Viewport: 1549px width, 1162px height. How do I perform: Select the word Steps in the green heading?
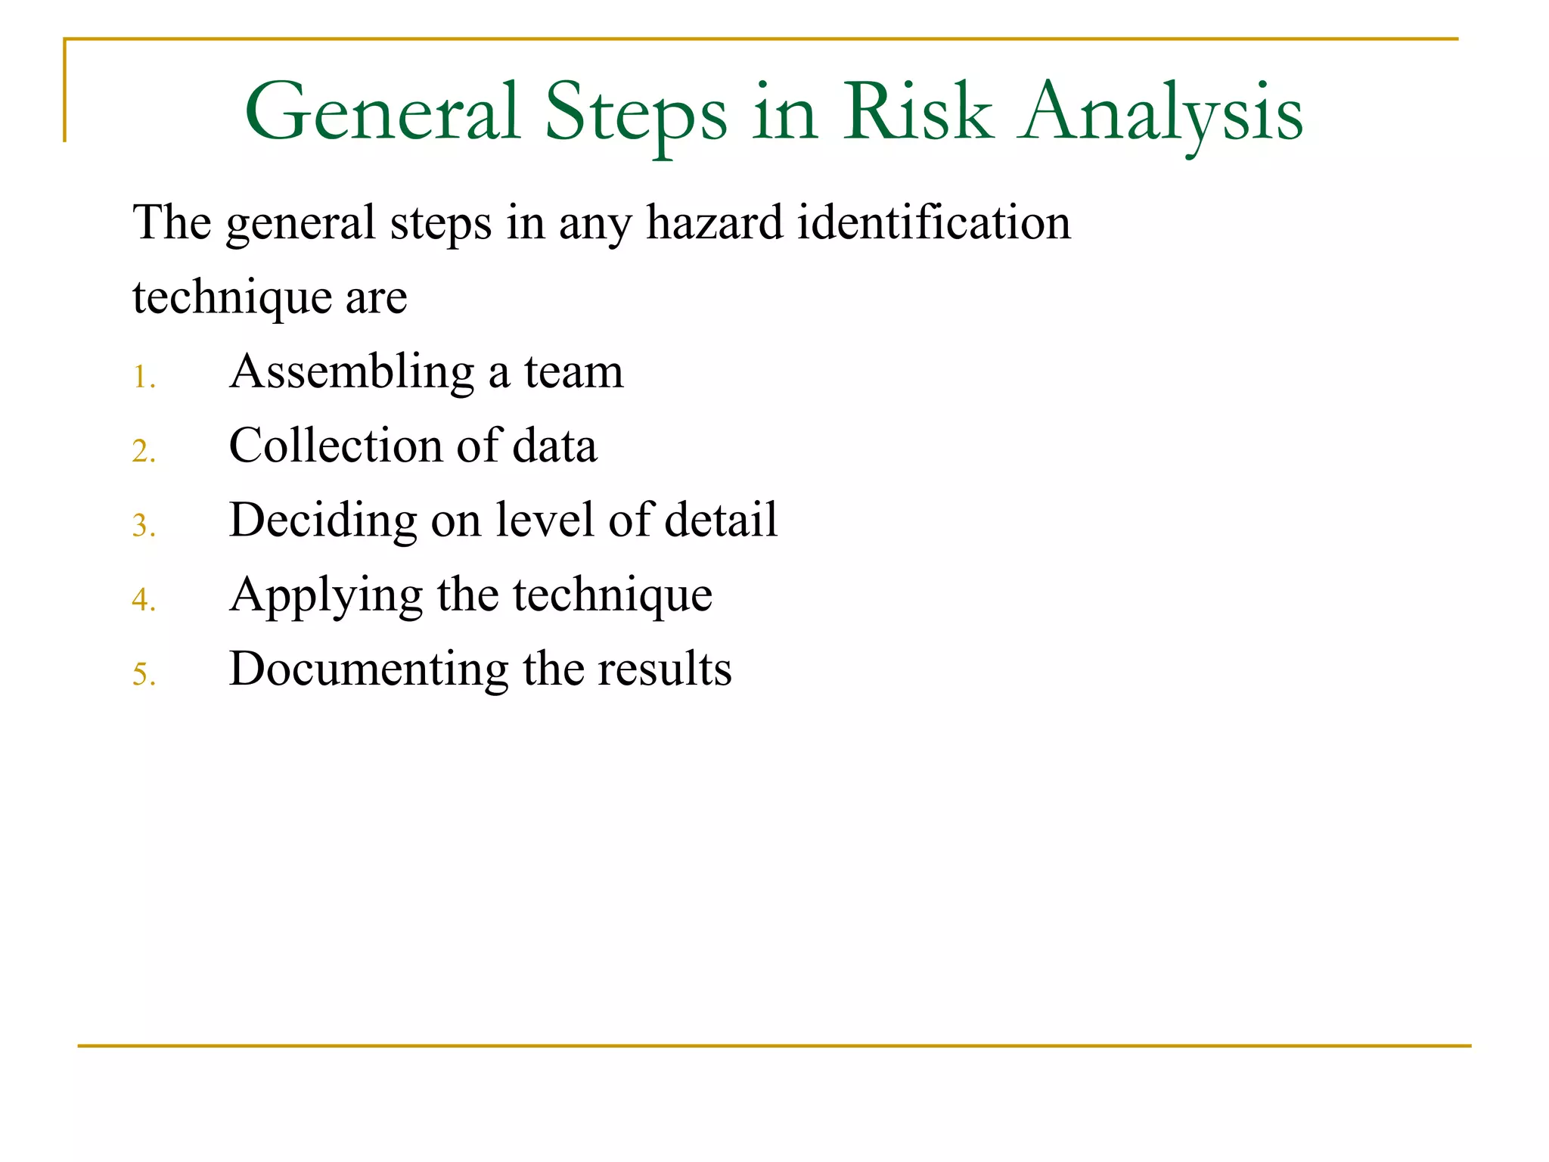pyautogui.click(x=635, y=113)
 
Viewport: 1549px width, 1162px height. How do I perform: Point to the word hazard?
pyautogui.click(x=715, y=223)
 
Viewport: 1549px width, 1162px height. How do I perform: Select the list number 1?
pyautogui.click(x=143, y=377)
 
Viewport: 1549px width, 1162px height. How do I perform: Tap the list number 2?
pyautogui.click(x=143, y=451)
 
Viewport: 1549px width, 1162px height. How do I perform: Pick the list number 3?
pyautogui.click(x=143, y=525)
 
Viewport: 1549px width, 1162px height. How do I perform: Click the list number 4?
pyautogui.click(x=143, y=599)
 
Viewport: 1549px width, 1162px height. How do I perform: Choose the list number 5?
pyautogui.click(x=143, y=673)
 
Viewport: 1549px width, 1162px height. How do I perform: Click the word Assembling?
pyautogui.click(x=352, y=372)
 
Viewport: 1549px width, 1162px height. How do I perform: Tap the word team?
pyautogui.click(x=574, y=372)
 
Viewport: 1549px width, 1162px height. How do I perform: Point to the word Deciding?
pyautogui.click(x=323, y=520)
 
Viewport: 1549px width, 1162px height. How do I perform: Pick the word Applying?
pyautogui.click(x=326, y=595)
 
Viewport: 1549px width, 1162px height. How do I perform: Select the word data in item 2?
pyautogui.click(x=554, y=446)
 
